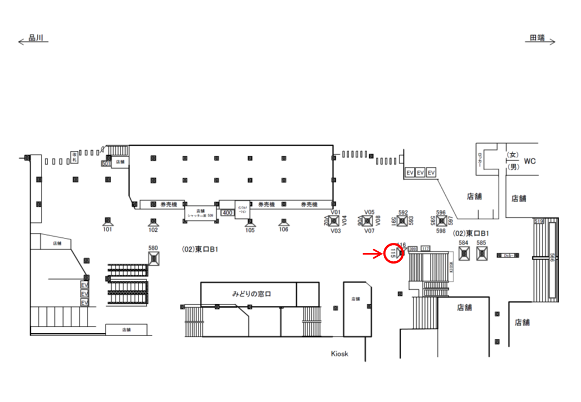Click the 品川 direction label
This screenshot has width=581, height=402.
point(35,38)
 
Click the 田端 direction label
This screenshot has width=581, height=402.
point(537,38)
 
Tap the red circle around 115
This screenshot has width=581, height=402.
point(394,254)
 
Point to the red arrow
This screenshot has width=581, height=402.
point(373,254)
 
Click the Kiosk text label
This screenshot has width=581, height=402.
point(339,353)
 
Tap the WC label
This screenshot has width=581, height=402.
point(530,161)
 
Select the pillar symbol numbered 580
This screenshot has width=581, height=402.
point(154,258)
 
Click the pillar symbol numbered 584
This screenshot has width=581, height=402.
point(463,253)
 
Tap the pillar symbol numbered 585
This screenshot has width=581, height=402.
point(482,253)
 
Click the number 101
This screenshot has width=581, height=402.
point(108,229)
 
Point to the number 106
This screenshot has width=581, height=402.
point(284,229)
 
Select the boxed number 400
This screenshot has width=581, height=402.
point(227,213)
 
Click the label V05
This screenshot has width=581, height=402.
point(369,212)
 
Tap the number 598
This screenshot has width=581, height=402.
point(441,231)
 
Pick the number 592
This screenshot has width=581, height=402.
point(403,212)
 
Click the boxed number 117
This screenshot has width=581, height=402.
point(425,248)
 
